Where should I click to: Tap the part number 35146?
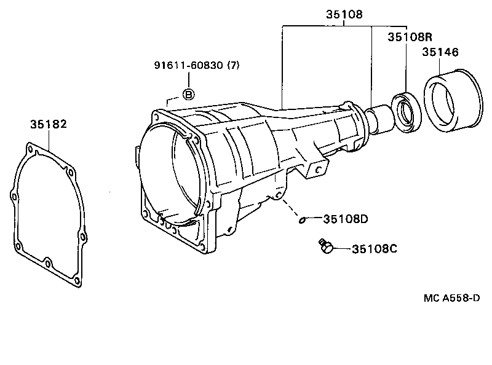(x=440, y=53)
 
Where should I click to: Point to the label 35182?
(x=48, y=124)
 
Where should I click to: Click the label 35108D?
(x=346, y=218)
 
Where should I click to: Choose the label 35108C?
(x=375, y=249)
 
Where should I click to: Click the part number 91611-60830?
(x=189, y=66)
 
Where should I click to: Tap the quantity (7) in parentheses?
(x=233, y=66)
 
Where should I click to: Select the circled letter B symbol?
(x=189, y=94)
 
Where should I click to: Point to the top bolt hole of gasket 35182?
(x=28, y=147)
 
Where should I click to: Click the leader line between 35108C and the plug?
(x=342, y=249)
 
